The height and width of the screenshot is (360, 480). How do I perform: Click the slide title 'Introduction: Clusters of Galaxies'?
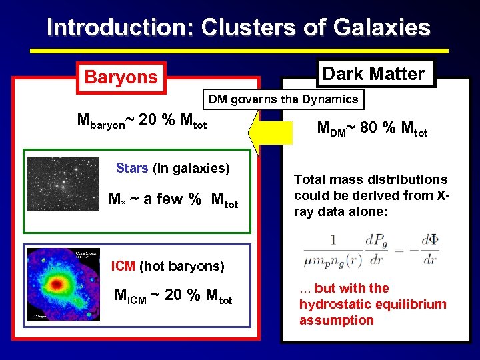pyautogui.click(x=239, y=27)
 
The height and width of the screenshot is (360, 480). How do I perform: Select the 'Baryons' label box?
pyautogui.click(x=121, y=77)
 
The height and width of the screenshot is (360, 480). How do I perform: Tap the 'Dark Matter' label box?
pyautogui.click(x=373, y=73)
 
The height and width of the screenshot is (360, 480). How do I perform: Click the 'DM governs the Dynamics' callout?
pyautogui.click(x=283, y=100)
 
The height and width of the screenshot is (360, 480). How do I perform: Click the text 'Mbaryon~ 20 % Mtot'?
pyautogui.click(x=142, y=121)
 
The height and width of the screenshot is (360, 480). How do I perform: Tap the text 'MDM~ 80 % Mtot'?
pyautogui.click(x=372, y=129)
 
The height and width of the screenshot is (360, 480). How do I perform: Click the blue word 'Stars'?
pyautogui.click(x=132, y=168)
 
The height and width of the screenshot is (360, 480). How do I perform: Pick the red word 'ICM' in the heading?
pyautogui.click(x=123, y=266)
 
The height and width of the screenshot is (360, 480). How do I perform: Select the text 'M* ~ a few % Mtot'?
pyautogui.click(x=173, y=199)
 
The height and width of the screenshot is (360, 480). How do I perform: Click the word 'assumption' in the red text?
pyautogui.click(x=337, y=320)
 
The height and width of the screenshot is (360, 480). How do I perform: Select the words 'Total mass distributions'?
pyautogui.click(x=371, y=179)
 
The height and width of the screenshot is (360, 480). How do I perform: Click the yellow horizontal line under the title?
pyautogui.click(x=239, y=50)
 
